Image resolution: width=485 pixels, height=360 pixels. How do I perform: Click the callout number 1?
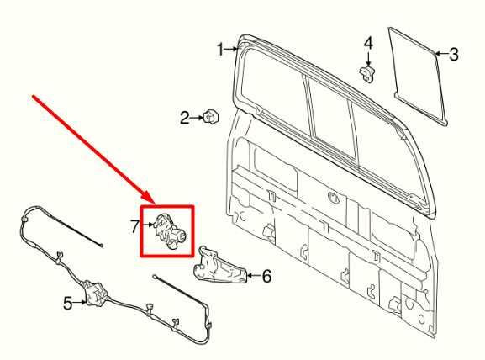tap(222, 50)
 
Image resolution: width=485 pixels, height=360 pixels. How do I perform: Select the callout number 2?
tap(186, 119)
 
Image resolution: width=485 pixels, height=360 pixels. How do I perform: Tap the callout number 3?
tap(454, 56)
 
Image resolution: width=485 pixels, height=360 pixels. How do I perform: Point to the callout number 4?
tap(367, 43)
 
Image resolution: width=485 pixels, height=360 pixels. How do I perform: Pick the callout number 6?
tap(267, 275)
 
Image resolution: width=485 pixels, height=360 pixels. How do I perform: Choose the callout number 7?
tap(134, 225)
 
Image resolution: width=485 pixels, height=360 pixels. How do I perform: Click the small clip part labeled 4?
tap(367, 72)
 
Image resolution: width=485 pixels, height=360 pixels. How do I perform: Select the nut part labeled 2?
tap(211, 118)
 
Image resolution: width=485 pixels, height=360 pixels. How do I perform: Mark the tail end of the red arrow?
tap(34, 98)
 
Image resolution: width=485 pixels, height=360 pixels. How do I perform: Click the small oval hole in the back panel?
tap(335, 200)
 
